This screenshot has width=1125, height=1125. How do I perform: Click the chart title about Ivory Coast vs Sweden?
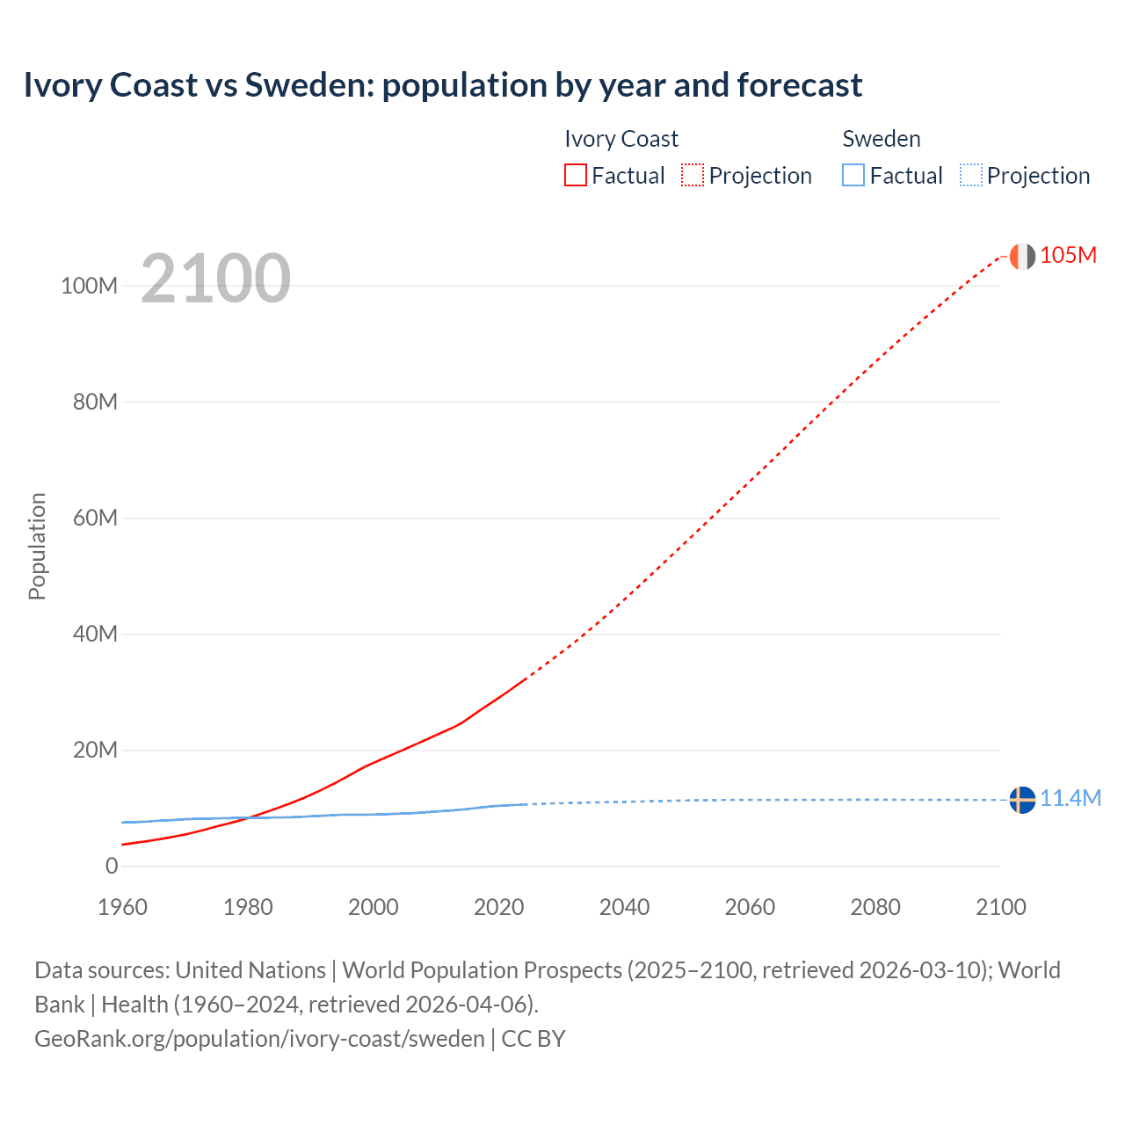[x=442, y=85]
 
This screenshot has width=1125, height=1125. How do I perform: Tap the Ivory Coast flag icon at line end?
[x=1021, y=256]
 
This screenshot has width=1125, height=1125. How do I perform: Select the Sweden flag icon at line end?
[x=1021, y=800]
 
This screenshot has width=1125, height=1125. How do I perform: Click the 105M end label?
[x=1068, y=255]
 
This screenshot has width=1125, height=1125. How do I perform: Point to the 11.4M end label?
[x=1070, y=798]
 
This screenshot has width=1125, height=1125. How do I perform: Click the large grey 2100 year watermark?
[x=215, y=279]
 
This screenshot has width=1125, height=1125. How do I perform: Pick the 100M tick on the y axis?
[x=89, y=286]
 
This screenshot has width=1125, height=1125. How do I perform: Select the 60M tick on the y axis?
[x=94, y=518]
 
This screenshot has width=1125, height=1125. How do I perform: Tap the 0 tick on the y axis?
[x=111, y=866]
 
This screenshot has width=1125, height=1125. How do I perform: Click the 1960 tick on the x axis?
[x=122, y=907]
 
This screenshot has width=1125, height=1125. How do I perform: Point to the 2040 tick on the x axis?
[x=624, y=907]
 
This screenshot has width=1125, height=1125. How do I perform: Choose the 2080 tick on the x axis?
[x=875, y=907]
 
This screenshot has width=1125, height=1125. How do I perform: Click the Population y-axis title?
[x=37, y=546]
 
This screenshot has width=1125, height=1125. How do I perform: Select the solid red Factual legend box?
[x=576, y=175]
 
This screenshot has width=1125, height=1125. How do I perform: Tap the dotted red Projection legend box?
[x=693, y=175]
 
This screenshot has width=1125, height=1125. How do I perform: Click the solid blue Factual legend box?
[x=853, y=175]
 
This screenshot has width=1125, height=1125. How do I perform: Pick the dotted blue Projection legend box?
[x=971, y=175]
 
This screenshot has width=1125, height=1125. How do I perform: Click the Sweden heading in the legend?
[x=882, y=139]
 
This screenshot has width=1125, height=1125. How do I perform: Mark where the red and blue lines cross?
[x=249, y=817]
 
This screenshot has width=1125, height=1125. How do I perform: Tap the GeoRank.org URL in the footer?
[x=259, y=1038]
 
